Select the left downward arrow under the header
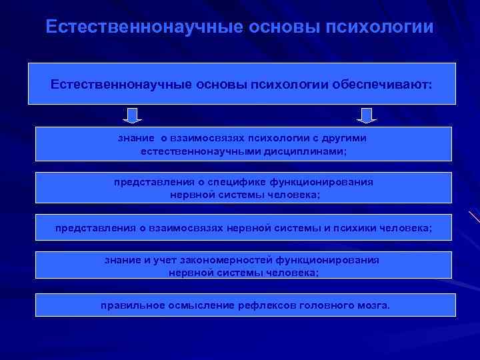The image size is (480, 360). click(x=133, y=116)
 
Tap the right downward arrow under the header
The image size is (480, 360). click(x=366, y=116)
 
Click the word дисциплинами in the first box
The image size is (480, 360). click(x=310, y=151)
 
